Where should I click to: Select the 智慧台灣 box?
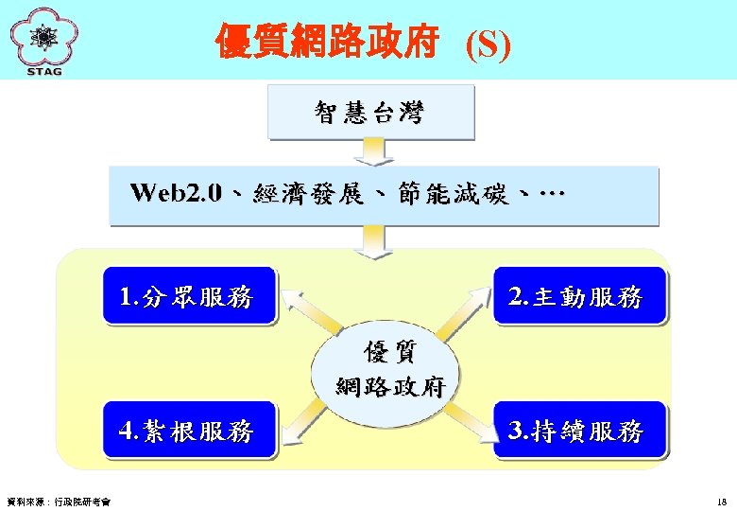click(x=369, y=113)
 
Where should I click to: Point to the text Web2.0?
click(x=177, y=194)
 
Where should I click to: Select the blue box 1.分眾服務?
click(x=189, y=297)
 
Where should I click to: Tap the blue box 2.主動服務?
click(x=578, y=297)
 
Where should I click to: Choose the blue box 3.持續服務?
click(x=578, y=432)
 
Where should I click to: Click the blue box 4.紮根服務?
click(x=189, y=432)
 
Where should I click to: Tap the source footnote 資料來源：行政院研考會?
click(x=58, y=502)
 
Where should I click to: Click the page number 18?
click(x=722, y=502)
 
